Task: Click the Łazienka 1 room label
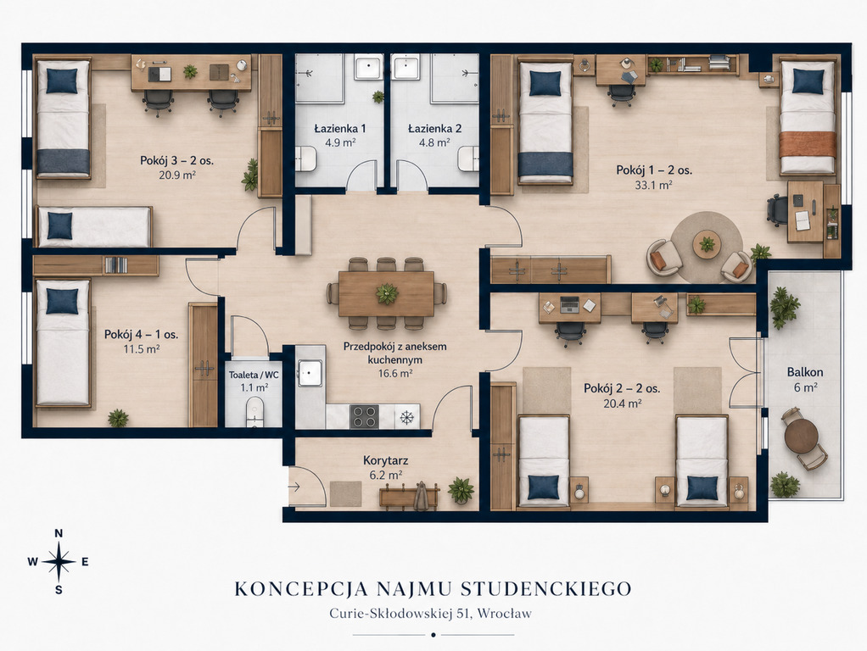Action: click(x=340, y=129)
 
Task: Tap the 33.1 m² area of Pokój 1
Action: click(x=653, y=185)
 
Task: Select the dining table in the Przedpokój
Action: click(x=387, y=294)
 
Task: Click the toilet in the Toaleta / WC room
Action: click(x=255, y=411)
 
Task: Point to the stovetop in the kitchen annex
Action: click(x=365, y=417)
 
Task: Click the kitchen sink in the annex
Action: click(x=310, y=373)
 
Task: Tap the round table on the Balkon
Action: click(x=801, y=436)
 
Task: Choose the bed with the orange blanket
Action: click(x=808, y=117)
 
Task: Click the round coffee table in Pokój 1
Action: click(x=707, y=242)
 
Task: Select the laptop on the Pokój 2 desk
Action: click(x=569, y=304)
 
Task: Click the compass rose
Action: click(x=59, y=562)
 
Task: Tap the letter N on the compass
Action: click(x=59, y=533)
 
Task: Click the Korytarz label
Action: click(x=385, y=460)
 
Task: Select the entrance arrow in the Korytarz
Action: click(x=294, y=487)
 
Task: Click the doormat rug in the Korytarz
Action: click(x=345, y=493)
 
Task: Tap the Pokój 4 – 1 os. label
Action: click(x=141, y=334)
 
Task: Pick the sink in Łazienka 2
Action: click(x=406, y=67)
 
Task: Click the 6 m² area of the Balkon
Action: click(x=805, y=387)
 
